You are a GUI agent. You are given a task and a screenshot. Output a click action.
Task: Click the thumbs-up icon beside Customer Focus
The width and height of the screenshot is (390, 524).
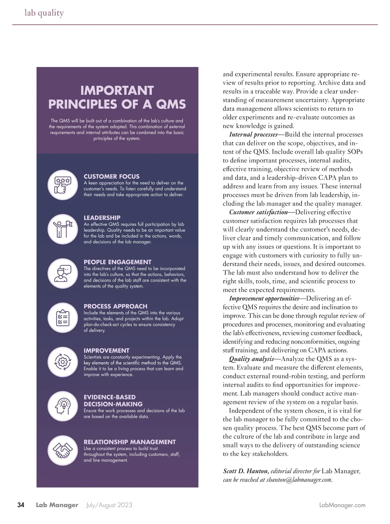63,185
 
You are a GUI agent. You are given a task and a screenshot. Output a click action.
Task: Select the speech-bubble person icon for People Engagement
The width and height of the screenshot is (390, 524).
63,273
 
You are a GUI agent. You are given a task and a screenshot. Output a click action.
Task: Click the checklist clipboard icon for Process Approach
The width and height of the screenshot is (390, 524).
63,317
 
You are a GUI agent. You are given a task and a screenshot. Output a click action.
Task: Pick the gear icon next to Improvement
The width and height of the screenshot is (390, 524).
63,362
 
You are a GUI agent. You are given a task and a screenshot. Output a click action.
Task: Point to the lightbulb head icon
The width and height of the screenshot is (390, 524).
63,406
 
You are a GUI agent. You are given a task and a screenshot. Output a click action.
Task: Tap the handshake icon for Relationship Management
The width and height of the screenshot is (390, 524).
63,450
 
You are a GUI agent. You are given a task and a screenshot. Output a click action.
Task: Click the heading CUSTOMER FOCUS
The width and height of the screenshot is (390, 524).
111,176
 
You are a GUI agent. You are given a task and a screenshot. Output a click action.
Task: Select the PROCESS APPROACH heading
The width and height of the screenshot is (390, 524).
115,306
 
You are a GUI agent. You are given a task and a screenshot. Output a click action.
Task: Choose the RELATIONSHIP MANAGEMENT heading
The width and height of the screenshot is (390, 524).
130,442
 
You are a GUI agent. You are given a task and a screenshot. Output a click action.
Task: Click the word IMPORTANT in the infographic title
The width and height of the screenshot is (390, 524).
117,90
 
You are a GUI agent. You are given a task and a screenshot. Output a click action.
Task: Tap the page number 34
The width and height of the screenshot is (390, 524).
21,505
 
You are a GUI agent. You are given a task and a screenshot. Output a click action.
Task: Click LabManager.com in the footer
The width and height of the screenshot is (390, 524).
342,505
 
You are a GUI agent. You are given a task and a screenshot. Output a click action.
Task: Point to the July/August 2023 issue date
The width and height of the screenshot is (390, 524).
109,505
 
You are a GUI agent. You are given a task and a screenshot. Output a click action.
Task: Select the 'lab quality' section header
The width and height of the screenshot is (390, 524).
44,13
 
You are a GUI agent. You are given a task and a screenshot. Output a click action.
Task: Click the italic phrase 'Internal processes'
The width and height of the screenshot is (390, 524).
253,134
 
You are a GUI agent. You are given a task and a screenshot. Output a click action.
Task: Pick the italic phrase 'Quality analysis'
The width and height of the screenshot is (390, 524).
251,359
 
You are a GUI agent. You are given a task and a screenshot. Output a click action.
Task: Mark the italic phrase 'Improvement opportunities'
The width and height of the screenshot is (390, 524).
264,299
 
